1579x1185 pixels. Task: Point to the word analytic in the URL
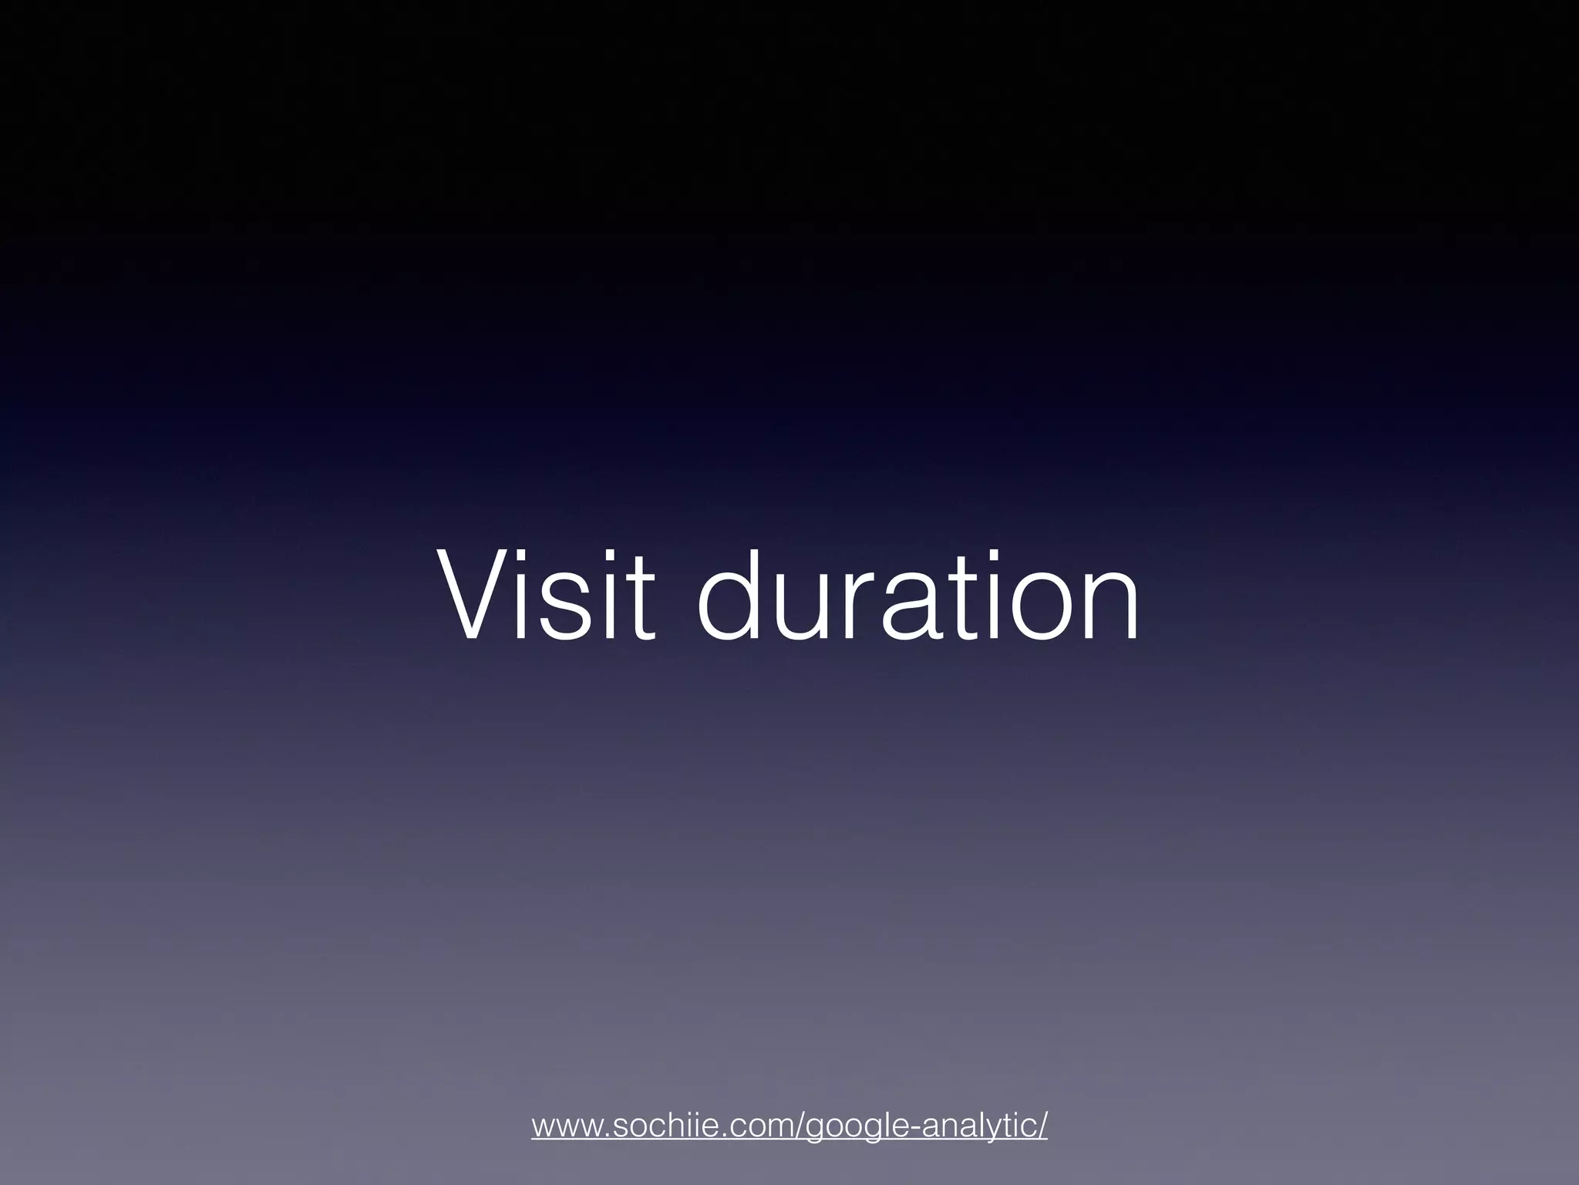[980, 1126]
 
